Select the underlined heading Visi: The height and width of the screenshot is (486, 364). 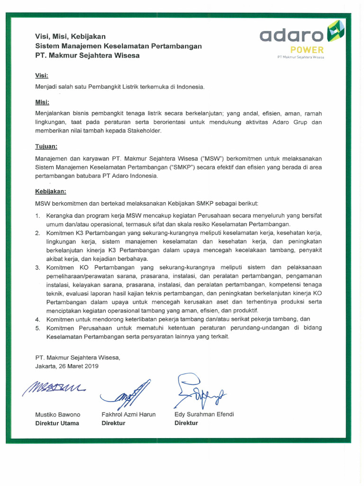pos(42,75)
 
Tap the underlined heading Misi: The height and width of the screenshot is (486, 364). pos(42,102)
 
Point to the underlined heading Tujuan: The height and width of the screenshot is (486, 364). pos(46,147)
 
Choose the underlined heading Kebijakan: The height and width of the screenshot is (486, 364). pos(51,192)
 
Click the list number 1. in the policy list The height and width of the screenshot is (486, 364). pos(38,216)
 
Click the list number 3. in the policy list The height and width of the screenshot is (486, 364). pos(38,268)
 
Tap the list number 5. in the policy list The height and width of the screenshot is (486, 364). pos(38,328)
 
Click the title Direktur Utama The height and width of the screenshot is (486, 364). pos(57,423)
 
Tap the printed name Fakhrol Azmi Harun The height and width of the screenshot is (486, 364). pos(128,414)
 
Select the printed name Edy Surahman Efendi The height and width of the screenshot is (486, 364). pos(204,414)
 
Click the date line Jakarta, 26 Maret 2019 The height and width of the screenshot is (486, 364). pos(67,366)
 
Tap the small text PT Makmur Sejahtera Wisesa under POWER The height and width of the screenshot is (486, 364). pos(304,57)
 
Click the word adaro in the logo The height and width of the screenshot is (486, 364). pos(291,35)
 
